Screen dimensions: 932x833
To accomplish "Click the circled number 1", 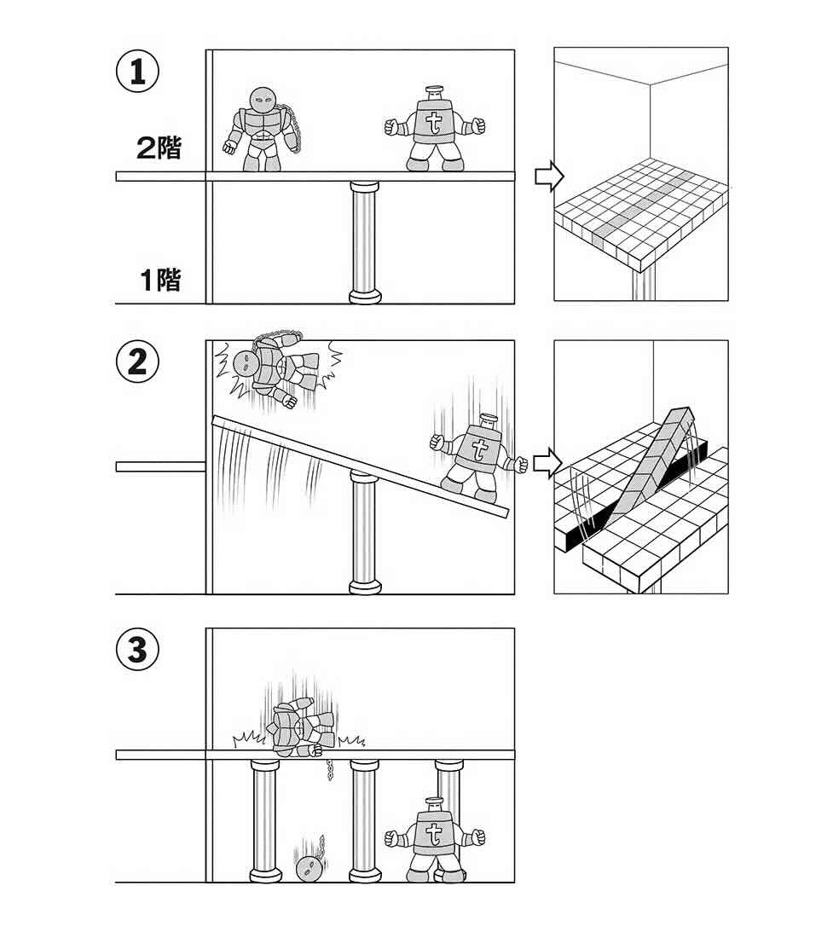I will point(137,72).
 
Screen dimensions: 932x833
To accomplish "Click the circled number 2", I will point(137,363).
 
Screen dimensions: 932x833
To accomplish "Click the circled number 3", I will point(137,651).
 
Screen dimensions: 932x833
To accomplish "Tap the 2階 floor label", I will point(159,148).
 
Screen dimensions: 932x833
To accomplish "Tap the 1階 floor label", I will point(160,279).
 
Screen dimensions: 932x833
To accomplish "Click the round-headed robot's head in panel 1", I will point(259,101).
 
